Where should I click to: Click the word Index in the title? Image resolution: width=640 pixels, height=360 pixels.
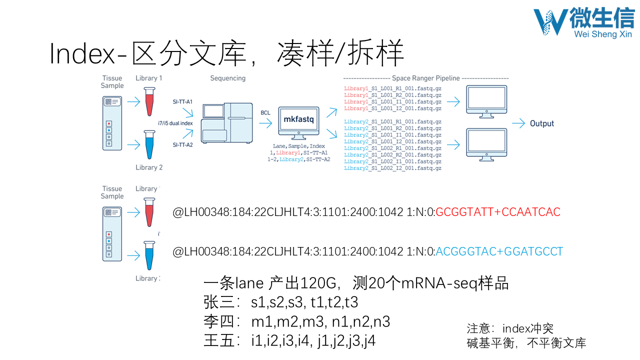click(82, 53)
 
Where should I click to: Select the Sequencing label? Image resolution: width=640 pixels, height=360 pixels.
click(227, 78)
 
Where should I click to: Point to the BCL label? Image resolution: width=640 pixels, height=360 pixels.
click(265, 113)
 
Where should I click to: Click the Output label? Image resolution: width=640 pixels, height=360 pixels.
click(542, 123)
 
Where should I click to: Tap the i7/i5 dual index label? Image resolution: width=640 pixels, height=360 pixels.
click(175, 123)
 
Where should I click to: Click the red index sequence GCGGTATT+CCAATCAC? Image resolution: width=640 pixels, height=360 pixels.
click(498, 212)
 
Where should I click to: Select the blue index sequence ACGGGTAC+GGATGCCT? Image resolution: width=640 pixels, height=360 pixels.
click(499, 251)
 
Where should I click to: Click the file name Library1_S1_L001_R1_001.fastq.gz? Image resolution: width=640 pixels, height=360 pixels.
click(392, 89)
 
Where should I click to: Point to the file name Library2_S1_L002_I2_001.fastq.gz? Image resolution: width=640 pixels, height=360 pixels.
click(392, 168)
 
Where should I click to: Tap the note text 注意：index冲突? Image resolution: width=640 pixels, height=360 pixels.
click(510, 328)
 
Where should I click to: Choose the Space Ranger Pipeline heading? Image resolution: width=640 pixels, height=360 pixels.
click(425, 78)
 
